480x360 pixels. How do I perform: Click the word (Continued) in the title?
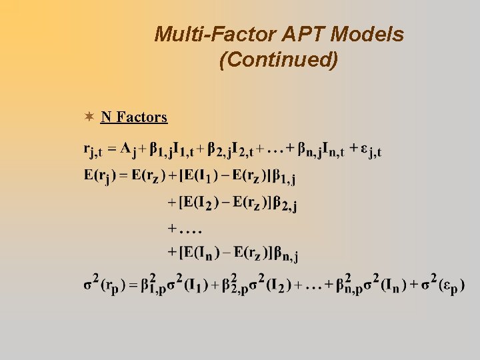pos(279,60)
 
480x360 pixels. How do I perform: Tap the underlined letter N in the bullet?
pos(105,117)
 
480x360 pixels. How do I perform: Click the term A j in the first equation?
pos(128,149)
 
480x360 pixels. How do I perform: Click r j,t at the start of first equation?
pos(93,150)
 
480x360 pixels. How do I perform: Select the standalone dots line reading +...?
pos(185,228)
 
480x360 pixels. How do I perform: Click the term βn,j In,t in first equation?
pos(321,150)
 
